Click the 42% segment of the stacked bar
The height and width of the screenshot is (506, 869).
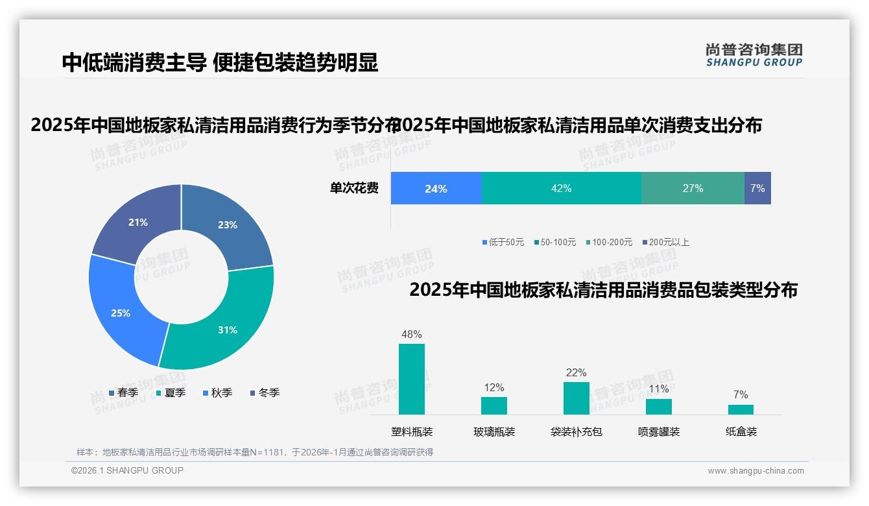pyautogui.click(x=561, y=189)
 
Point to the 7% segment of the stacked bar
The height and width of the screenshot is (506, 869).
pyautogui.click(x=757, y=189)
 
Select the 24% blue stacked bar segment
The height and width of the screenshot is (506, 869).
pyautogui.click(x=436, y=189)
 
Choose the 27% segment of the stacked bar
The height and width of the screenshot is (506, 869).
pyautogui.click(x=693, y=189)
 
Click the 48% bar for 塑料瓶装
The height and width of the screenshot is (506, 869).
pyautogui.click(x=412, y=379)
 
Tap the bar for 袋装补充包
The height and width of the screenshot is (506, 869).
pyautogui.click(x=576, y=398)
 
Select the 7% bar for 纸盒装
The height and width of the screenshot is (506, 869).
pyautogui.click(x=741, y=409)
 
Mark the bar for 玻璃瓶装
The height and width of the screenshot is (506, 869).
pyautogui.click(x=494, y=405)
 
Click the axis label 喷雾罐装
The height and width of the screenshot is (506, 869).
pyautogui.click(x=659, y=431)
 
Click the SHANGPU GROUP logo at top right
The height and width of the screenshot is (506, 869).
pyautogui.click(x=754, y=55)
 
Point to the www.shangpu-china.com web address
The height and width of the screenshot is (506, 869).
pyautogui.click(x=756, y=471)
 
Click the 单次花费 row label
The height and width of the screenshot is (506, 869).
pyautogui.click(x=354, y=189)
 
